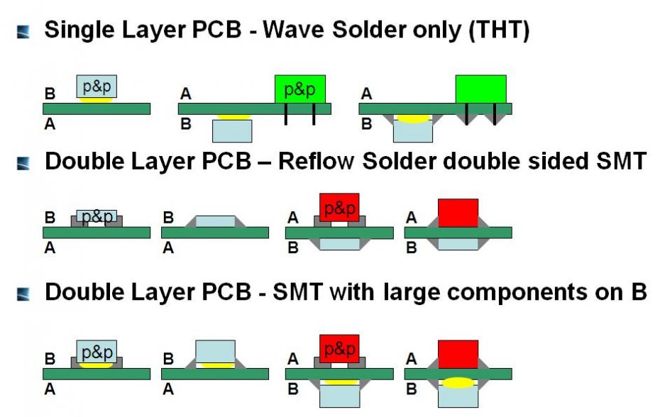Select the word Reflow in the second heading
tap(316, 161)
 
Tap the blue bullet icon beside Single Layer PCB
tap(23, 32)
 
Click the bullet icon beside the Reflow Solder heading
tap(23, 163)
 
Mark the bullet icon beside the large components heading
tap(23, 294)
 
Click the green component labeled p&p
tap(300, 89)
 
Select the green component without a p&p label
tap(480, 89)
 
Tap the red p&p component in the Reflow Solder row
tap(339, 208)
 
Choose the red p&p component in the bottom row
tap(339, 349)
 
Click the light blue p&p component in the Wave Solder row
tap(97, 87)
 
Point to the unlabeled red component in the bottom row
tap(458, 355)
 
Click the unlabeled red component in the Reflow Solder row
tap(458, 213)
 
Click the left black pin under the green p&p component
tap(286, 114)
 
